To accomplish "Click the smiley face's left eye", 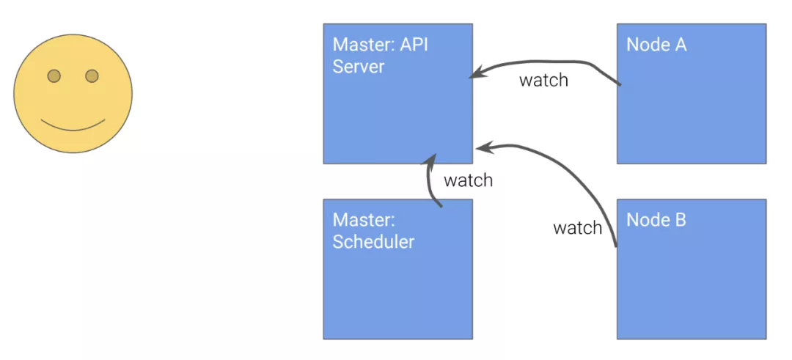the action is [x=54, y=76].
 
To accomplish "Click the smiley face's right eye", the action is [x=92, y=76].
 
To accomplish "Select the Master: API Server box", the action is [x=398, y=93].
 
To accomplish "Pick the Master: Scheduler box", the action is [x=398, y=269].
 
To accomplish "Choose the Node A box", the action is [x=692, y=93].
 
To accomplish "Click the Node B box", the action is [x=692, y=269].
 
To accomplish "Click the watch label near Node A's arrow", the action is [x=543, y=80].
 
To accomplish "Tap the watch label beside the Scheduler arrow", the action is [x=468, y=180].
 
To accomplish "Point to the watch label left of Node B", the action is [x=578, y=228].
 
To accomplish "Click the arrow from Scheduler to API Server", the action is [x=430, y=181].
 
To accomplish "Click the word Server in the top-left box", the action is [x=358, y=67].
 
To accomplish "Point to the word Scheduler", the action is [x=373, y=241].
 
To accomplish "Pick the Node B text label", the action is [x=656, y=220].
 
